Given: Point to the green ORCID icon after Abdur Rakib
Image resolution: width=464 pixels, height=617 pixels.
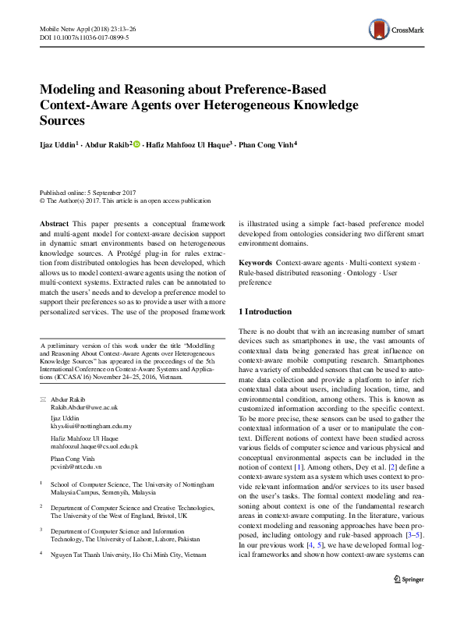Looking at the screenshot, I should pyautogui.click(x=136, y=144).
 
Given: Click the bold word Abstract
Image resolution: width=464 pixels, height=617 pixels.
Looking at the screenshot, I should pyautogui.click(x=54, y=223).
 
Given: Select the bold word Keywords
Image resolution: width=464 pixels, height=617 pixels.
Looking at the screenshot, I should pyautogui.click(x=255, y=264).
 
